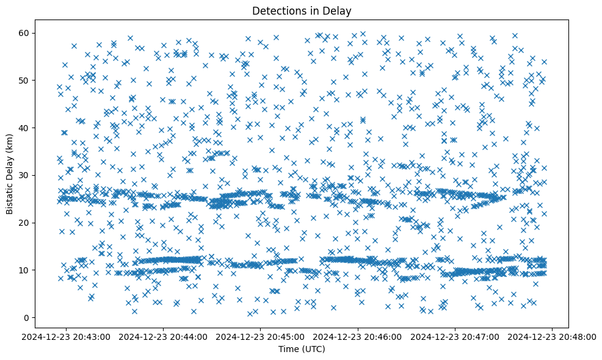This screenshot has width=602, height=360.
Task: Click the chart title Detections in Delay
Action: point(302,10)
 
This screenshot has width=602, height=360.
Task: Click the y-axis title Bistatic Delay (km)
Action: point(10,174)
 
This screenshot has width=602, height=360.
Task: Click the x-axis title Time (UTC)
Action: point(302,349)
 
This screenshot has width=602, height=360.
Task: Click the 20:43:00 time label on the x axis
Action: point(67,336)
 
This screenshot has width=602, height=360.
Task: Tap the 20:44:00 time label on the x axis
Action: point(164,336)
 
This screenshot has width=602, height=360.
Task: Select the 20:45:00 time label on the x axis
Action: point(261,336)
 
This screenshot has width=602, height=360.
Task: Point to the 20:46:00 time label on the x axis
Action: point(358,336)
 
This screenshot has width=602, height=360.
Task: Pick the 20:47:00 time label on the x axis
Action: point(455,336)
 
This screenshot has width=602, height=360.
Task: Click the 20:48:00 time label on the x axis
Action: point(553,336)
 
